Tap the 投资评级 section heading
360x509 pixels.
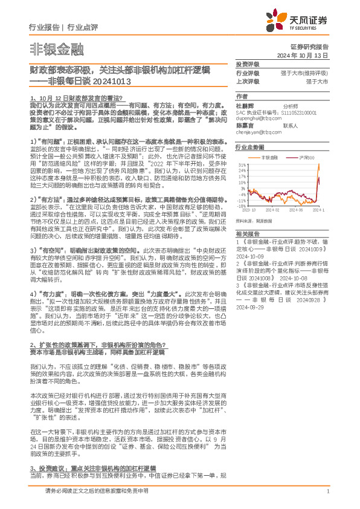pyautogui.click(x=248, y=63)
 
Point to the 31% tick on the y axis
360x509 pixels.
pyautogui.click(x=241, y=164)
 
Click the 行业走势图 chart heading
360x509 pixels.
pyautogui.click(x=250, y=147)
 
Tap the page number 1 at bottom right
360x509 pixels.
pyautogui.click(x=327, y=491)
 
